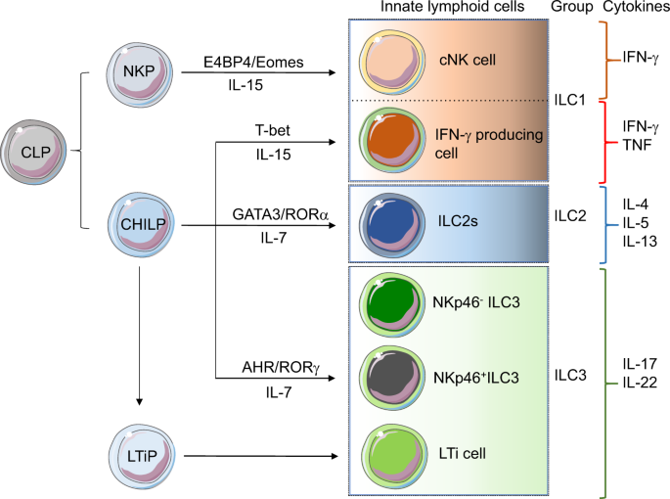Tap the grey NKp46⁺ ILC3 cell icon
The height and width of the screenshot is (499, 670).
pyautogui.click(x=386, y=377)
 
